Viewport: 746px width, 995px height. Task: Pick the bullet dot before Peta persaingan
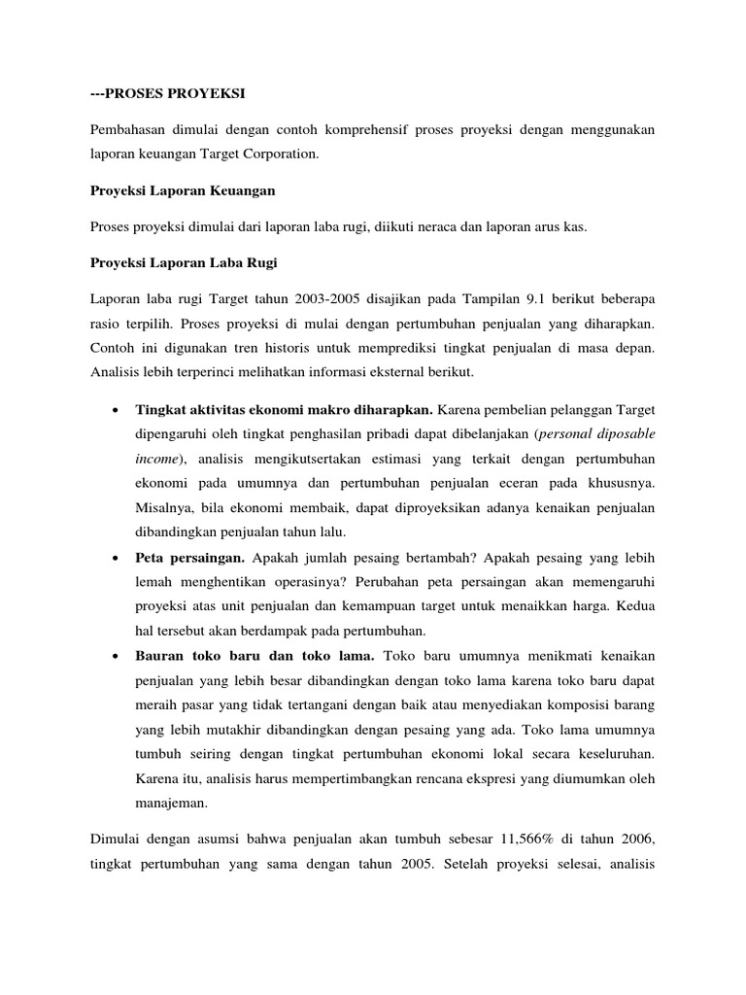(x=117, y=558)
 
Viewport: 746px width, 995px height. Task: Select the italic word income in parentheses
(x=157, y=457)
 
